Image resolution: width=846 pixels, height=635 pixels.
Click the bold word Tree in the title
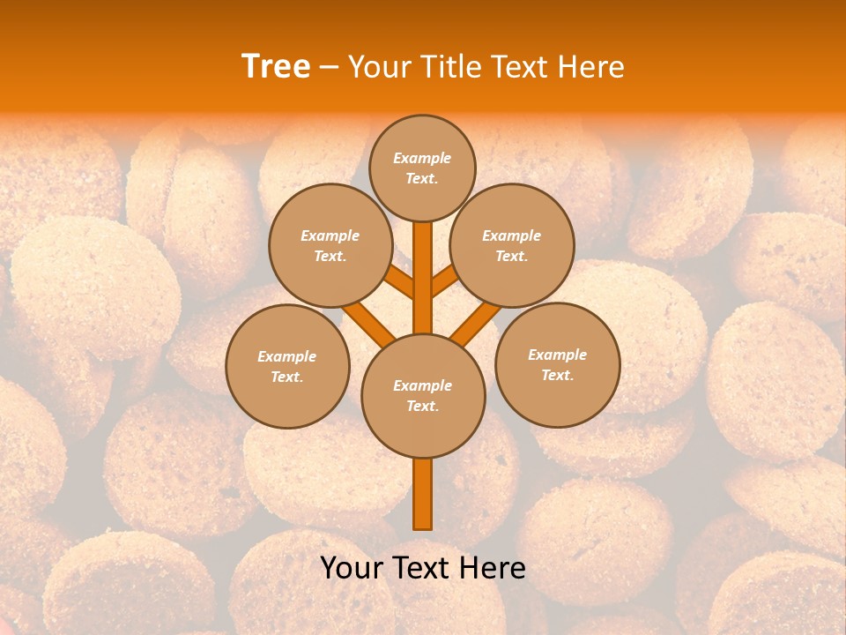pos(276,66)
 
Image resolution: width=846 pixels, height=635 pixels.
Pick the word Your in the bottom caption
pos(352,568)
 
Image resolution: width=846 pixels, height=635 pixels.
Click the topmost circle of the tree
pos(422,168)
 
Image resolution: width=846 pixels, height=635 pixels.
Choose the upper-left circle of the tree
pos(330,245)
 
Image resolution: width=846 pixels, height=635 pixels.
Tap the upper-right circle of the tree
pos(512,245)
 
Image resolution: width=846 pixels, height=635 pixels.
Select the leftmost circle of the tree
pos(287,366)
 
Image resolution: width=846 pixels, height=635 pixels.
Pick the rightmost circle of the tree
pos(558,364)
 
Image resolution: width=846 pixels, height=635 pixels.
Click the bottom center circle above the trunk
pos(423,396)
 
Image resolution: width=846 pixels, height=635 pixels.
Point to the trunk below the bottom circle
pos(422,494)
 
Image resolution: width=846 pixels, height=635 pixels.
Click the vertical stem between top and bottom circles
pos(422,278)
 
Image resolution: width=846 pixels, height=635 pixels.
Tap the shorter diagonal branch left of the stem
pos(399,283)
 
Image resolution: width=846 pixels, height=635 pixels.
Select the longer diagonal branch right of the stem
pos(476,323)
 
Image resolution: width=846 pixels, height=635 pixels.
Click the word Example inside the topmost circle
pos(422,158)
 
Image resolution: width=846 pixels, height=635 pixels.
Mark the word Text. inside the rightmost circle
pos(557,375)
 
